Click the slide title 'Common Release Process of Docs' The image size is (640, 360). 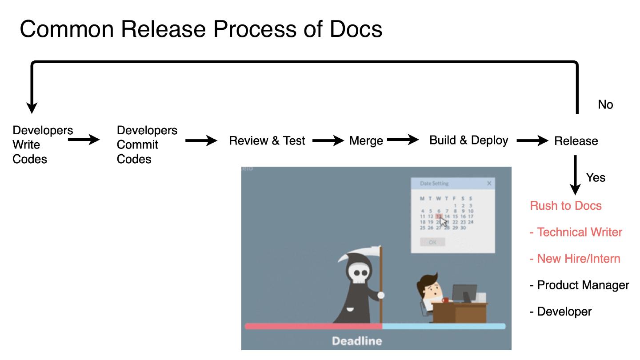(201, 29)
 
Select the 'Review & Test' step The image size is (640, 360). (267, 141)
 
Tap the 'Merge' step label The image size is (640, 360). (366, 141)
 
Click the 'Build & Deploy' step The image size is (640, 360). (468, 140)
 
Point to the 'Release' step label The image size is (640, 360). (576, 141)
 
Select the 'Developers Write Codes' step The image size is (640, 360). (42, 145)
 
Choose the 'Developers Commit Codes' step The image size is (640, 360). (147, 145)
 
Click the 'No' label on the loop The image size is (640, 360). (605, 105)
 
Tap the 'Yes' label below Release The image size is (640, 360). (596, 178)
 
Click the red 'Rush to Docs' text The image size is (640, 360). (565, 206)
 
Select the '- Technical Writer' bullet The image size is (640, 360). (576, 232)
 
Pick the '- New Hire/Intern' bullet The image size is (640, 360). (575, 259)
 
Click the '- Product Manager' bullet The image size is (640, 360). (579, 285)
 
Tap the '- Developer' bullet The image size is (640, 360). (560, 312)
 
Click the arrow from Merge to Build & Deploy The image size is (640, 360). (403, 140)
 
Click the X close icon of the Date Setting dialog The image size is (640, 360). (489, 183)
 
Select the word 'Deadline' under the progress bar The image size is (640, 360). (357, 341)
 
